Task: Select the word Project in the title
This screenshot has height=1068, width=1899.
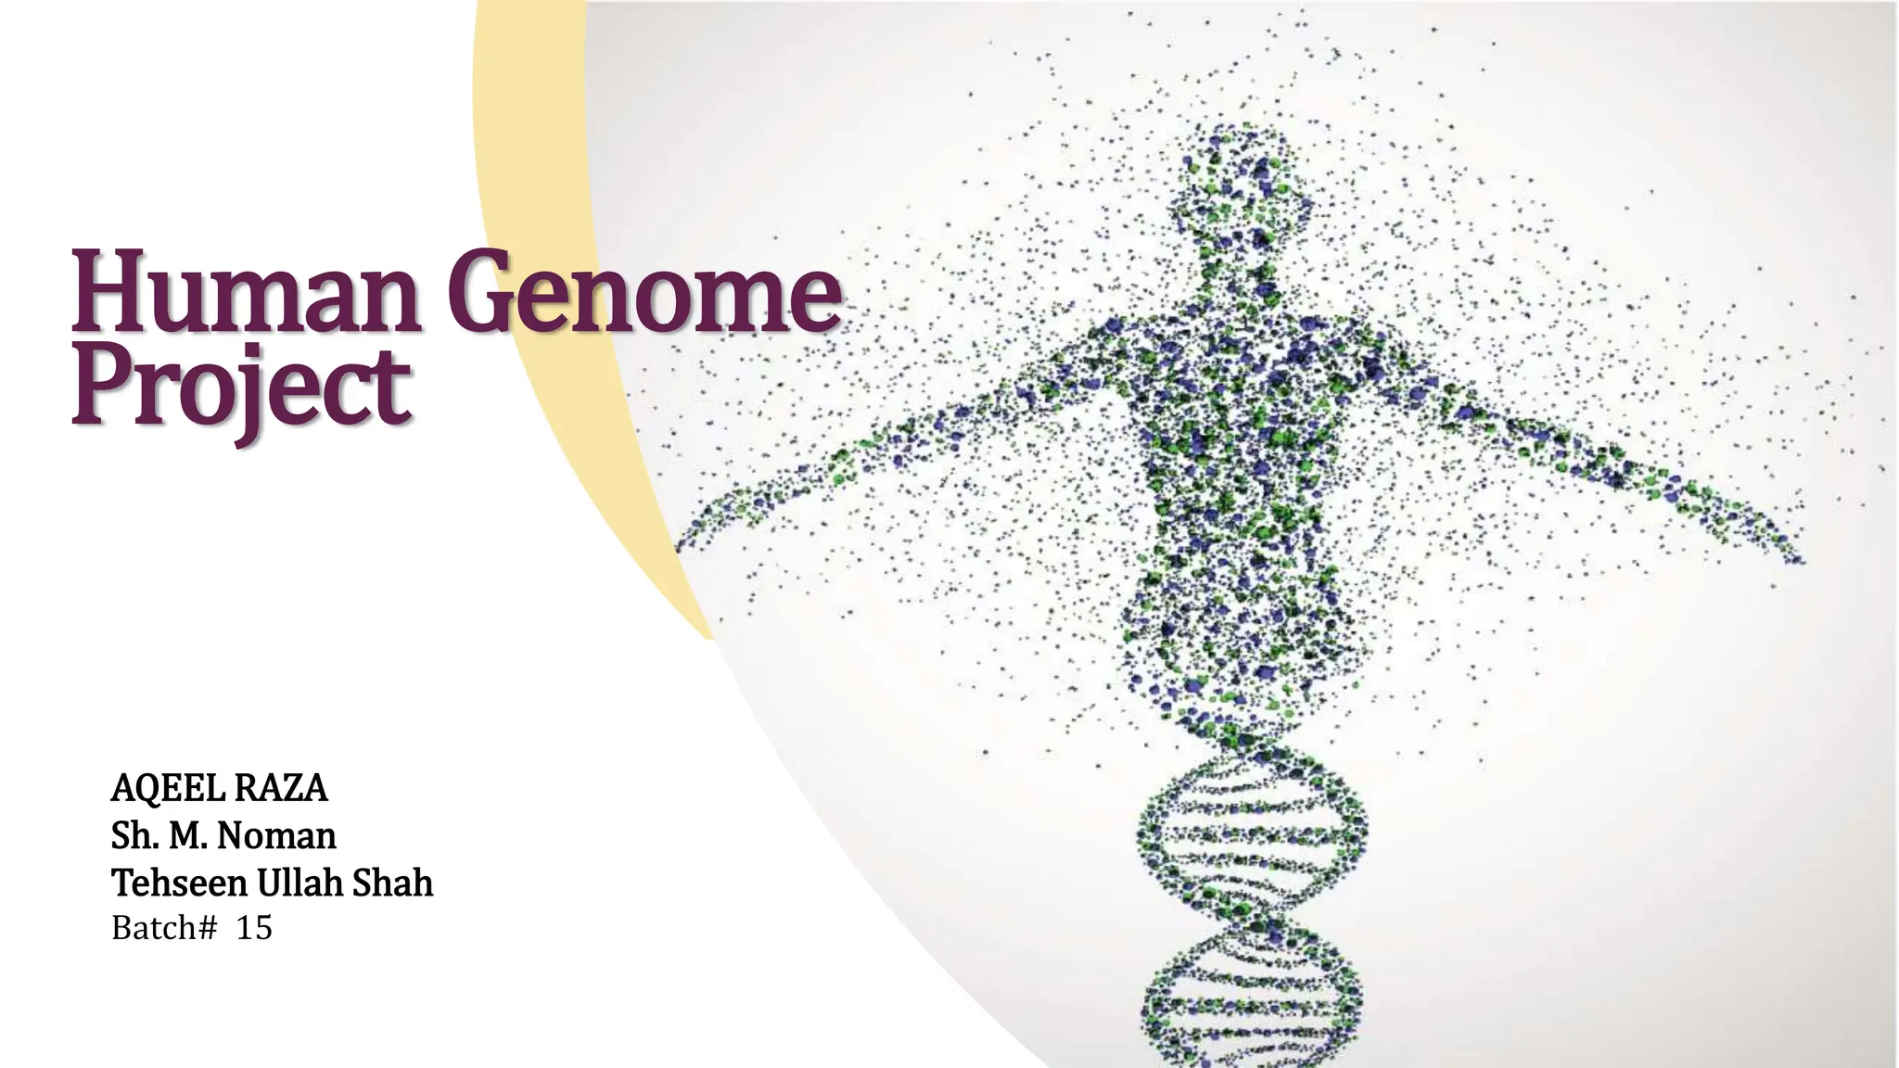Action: pyautogui.click(x=241, y=388)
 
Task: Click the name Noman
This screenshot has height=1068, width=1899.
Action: pyautogui.click(x=276, y=836)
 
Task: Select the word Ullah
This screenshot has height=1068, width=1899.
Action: pyautogui.click(x=300, y=884)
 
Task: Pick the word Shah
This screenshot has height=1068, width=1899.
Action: pyautogui.click(x=392, y=884)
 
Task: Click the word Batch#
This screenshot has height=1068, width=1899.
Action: pyautogui.click(x=164, y=928)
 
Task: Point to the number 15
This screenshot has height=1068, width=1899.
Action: pyautogui.click(x=254, y=928)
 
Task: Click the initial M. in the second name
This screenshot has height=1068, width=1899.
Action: pyautogui.click(x=187, y=836)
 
